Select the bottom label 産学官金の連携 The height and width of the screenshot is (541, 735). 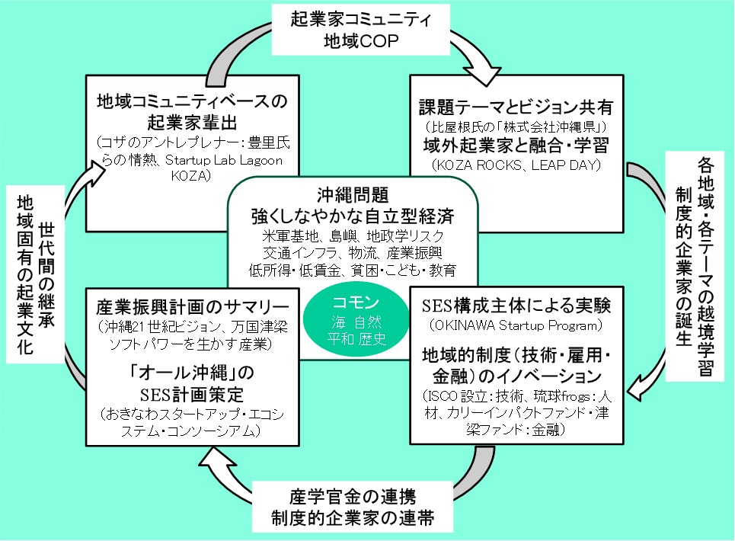(353, 498)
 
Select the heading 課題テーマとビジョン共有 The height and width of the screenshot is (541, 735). (516, 106)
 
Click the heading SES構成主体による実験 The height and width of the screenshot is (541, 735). (516, 306)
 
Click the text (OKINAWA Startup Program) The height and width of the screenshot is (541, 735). (516, 326)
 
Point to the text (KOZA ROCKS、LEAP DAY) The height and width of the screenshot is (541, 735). (515, 164)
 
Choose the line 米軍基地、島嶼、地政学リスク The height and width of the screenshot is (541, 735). (352, 235)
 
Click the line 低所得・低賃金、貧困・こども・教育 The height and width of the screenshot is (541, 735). (352, 269)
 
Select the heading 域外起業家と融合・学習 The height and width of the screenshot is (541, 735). (516, 144)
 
